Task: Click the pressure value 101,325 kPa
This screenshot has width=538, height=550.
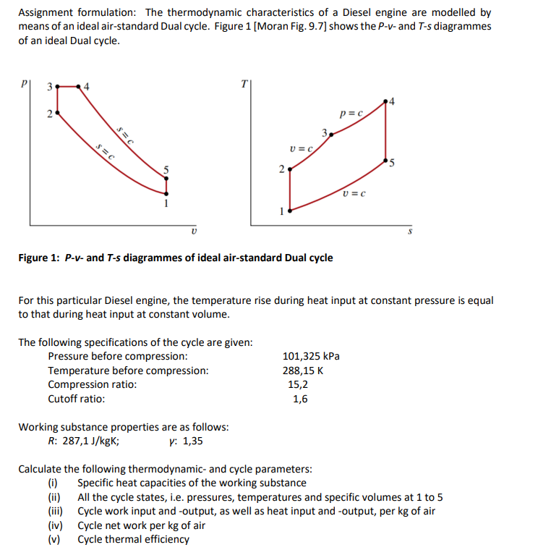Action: click(310, 356)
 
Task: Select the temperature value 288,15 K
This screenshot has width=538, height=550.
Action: click(302, 371)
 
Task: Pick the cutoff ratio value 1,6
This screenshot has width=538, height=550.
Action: click(300, 399)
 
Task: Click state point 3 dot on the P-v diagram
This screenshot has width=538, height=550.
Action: click(58, 88)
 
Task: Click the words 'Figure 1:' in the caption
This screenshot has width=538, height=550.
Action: click(42, 258)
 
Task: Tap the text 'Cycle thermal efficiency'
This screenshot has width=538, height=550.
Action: click(133, 539)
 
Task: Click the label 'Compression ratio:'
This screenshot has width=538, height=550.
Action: click(92, 384)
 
